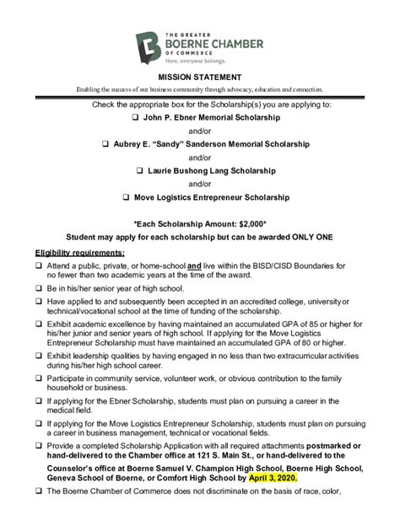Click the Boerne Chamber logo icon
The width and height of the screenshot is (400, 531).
[149, 45]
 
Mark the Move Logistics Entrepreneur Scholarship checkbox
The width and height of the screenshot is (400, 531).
[126, 196]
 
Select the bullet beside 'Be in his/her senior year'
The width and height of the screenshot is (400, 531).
[39, 288]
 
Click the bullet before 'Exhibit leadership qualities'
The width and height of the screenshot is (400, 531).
[39, 357]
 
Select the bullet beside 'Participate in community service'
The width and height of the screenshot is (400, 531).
[39, 378]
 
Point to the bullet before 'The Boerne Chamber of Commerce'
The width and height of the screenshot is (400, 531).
[39, 491]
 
